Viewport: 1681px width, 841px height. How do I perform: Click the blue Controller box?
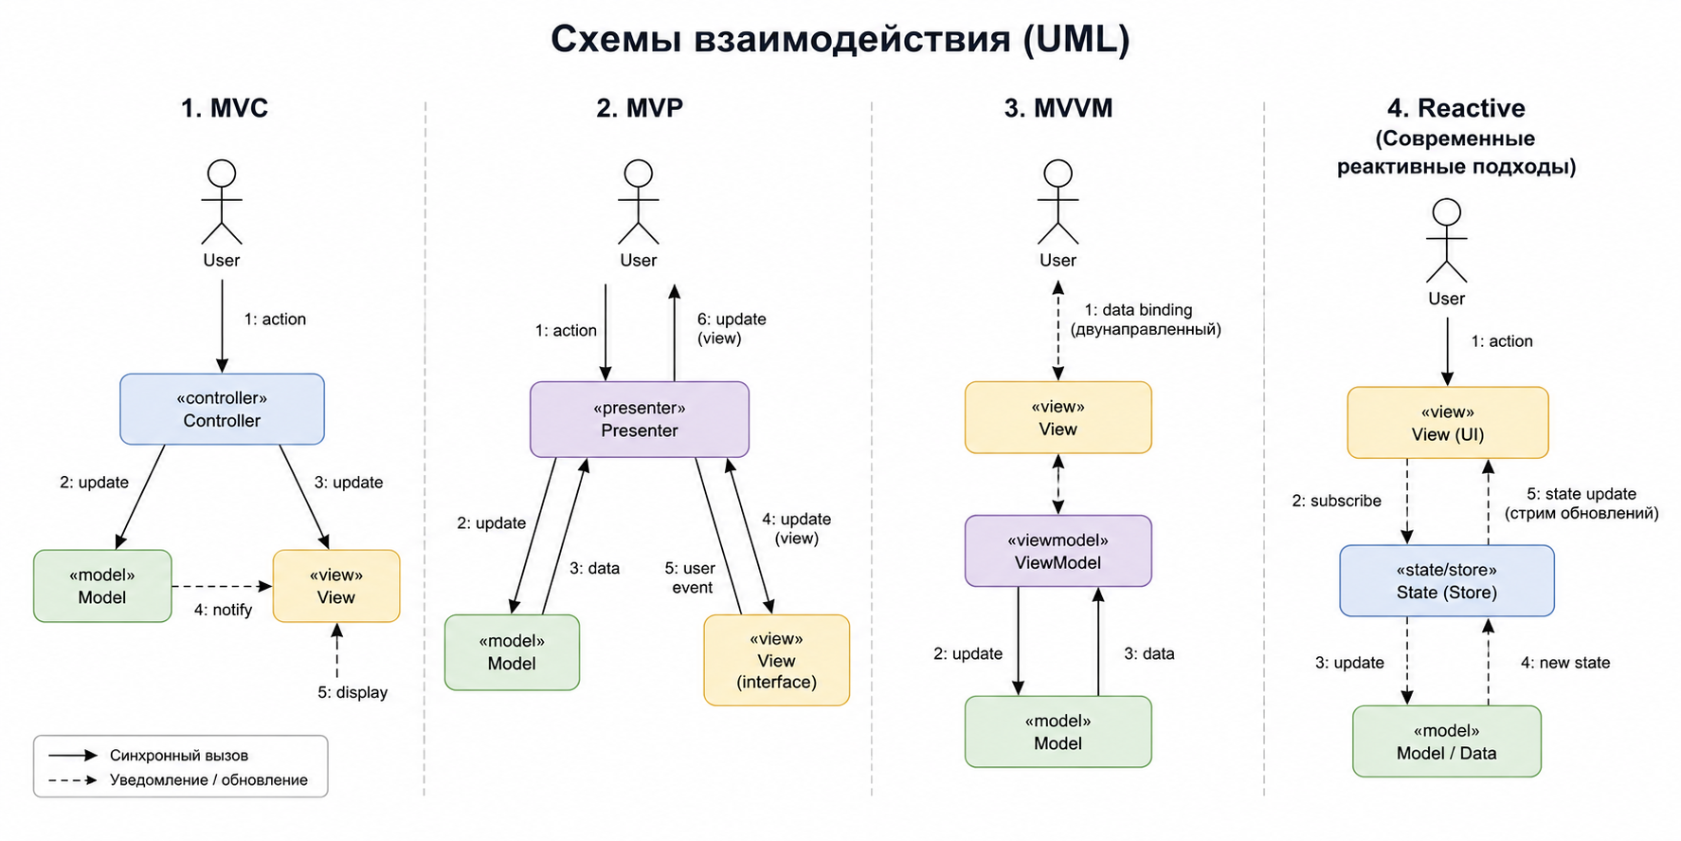pos(222,409)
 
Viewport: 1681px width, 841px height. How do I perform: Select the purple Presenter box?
pos(640,419)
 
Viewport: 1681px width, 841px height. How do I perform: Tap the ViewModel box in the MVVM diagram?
pos(1057,551)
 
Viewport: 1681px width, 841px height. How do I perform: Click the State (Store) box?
pos(1447,580)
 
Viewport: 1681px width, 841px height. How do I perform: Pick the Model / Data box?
pos(1447,741)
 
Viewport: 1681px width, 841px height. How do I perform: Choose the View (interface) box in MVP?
pos(776,660)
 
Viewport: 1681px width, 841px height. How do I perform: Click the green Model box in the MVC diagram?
pos(102,586)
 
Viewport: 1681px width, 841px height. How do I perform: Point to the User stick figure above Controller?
pos(222,202)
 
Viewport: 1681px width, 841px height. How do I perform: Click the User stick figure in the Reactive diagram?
pos(1447,241)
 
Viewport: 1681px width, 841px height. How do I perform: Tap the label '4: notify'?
pos(223,610)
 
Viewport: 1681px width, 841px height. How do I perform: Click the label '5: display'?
pos(352,692)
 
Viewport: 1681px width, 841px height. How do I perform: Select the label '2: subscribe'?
pos(1336,501)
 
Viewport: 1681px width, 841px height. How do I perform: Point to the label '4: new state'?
pos(1565,663)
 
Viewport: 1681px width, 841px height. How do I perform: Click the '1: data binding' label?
pos(1138,310)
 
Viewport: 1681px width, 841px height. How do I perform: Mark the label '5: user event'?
pos(691,577)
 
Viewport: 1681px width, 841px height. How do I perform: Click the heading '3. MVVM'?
pos(1058,108)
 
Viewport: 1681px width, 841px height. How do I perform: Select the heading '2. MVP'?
pos(640,108)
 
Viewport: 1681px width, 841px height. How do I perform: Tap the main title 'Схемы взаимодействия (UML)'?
pos(840,39)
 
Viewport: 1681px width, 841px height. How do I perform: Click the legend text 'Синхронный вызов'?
pos(179,756)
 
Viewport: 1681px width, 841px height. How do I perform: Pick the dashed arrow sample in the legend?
pos(73,780)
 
